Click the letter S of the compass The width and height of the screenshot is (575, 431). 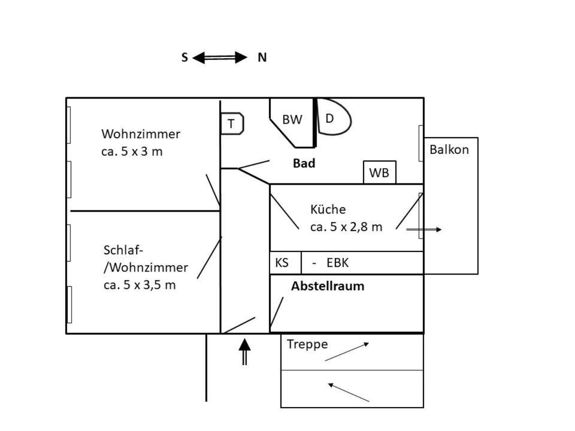click(184, 58)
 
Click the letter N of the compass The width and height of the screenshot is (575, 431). click(262, 58)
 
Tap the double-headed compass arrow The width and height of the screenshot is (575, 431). click(220, 57)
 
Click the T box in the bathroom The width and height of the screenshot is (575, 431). click(232, 124)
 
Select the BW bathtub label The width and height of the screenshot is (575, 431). click(292, 120)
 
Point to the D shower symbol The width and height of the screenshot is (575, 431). click(330, 119)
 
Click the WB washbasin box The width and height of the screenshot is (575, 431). click(379, 173)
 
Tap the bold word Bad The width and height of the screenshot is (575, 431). click(304, 163)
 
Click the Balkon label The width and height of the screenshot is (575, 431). click(449, 150)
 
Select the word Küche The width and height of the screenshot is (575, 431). click(328, 210)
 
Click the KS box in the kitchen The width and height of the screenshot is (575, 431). click(282, 263)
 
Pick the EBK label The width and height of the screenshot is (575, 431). click(337, 263)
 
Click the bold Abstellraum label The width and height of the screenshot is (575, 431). click(328, 286)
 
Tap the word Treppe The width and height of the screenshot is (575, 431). click(307, 344)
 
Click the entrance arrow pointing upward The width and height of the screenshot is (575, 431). click(244, 351)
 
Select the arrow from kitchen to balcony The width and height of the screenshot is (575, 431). click(423, 229)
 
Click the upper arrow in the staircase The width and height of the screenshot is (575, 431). click(347, 351)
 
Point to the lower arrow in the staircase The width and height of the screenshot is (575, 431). click(349, 392)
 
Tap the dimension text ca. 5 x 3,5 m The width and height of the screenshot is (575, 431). click(140, 285)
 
